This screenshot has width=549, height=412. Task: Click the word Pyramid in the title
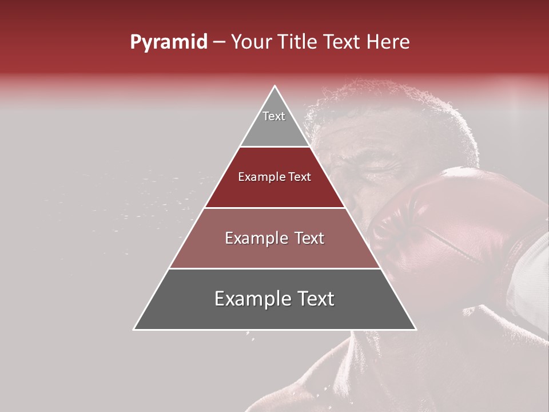tap(169, 42)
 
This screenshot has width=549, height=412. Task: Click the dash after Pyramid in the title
tap(219, 42)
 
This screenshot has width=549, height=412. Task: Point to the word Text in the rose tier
tap(306, 238)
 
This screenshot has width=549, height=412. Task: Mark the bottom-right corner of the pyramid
tap(416, 330)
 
